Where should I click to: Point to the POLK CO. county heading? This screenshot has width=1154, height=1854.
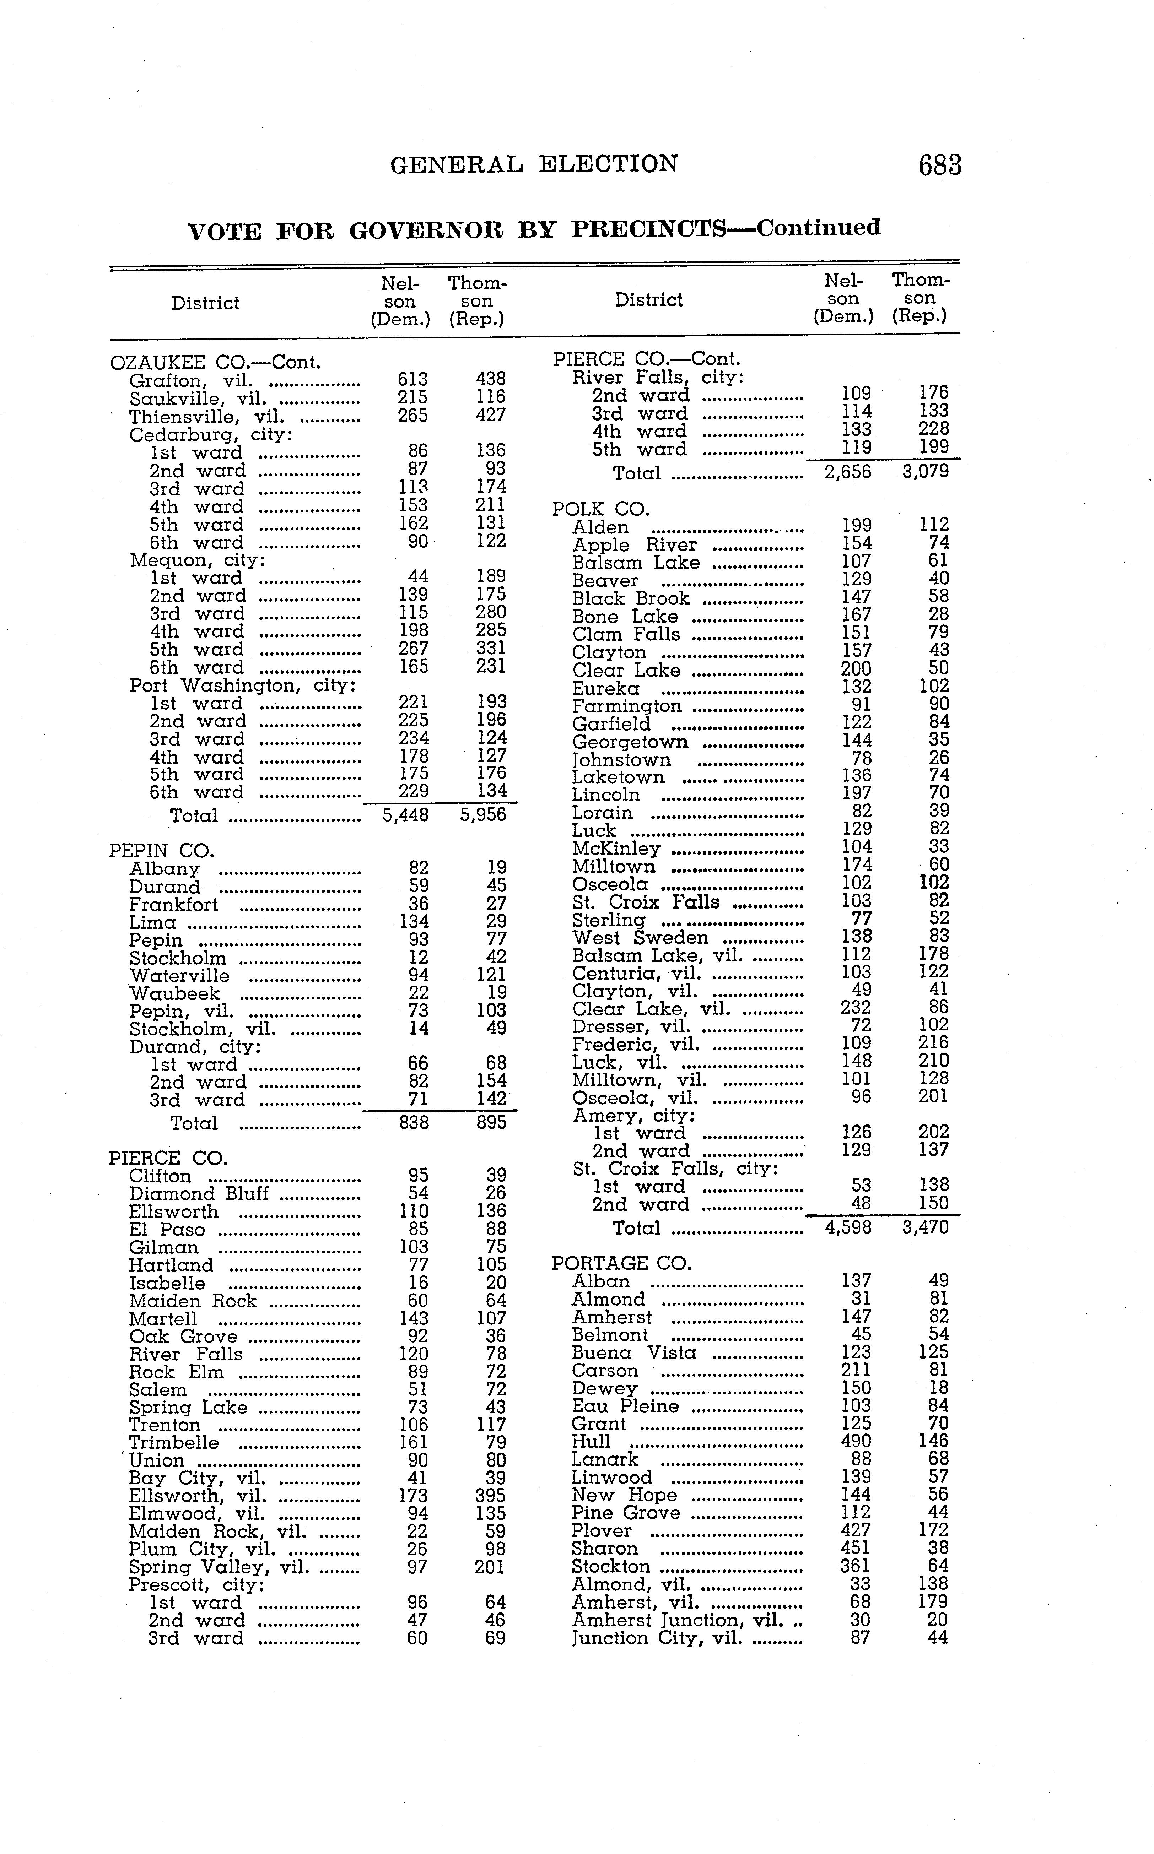pyautogui.click(x=601, y=509)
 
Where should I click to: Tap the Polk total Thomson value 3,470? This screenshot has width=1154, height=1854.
pyautogui.click(x=925, y=1227)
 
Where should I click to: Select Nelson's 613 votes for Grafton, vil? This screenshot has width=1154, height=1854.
pyautogui.click(x=413, y=379)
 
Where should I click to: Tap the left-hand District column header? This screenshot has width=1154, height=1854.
pyautogui.click(x=205, y=303)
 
